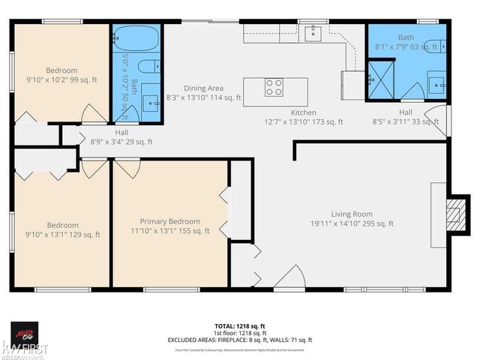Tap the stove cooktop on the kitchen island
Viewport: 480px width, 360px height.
(274, 87)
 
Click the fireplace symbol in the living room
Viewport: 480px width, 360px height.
(451, 214)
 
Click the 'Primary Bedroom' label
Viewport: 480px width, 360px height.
(170, 221)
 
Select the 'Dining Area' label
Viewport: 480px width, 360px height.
(204, 88)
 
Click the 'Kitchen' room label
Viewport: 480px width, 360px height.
(304, 112)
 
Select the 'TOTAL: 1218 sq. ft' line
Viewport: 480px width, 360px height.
(239, 326)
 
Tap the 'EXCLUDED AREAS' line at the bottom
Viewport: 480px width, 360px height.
(239, 340)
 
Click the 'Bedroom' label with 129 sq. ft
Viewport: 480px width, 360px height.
(63, 225)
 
